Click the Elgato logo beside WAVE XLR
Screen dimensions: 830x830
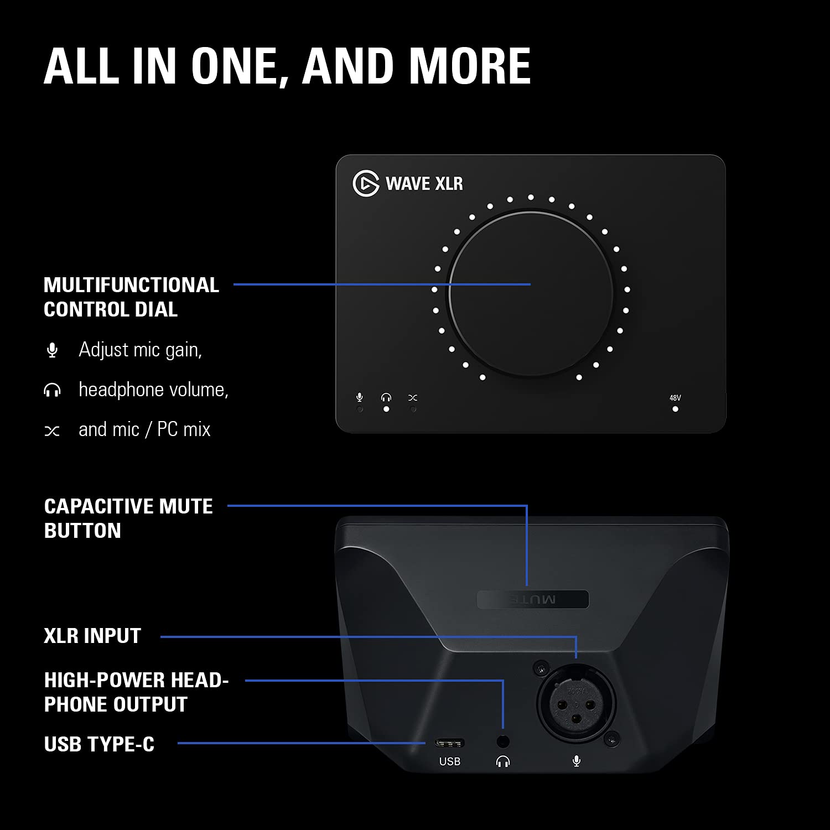(x=366, y=183)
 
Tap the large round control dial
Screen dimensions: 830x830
(x=531, y=293)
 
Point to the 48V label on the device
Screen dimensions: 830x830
(x=675, y=398)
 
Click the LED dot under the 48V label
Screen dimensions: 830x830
(x=675, y=409)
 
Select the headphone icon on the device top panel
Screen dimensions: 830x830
(x=386, y=397)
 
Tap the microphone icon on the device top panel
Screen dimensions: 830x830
(x=360, y=397)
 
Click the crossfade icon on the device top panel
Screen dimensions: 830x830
(x=413, y=397)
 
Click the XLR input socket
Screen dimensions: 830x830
(x=576, y=701)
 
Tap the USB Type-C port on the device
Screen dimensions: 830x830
(x=449, y=743)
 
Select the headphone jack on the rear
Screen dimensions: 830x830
(x=503, y=741)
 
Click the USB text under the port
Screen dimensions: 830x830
(x=449, y=761)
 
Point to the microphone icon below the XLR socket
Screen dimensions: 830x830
(x=577, y=761)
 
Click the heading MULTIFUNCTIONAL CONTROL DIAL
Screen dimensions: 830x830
(x=131, y=297)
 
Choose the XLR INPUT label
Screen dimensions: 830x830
(x=92, y=636)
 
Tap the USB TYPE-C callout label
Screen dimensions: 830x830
(x=99, y=744)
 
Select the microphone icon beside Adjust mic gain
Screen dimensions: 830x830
(x=53, y=350)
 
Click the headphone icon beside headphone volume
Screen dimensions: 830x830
(x=52, y=391)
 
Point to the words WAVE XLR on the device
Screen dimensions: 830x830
(x=424, y=184)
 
